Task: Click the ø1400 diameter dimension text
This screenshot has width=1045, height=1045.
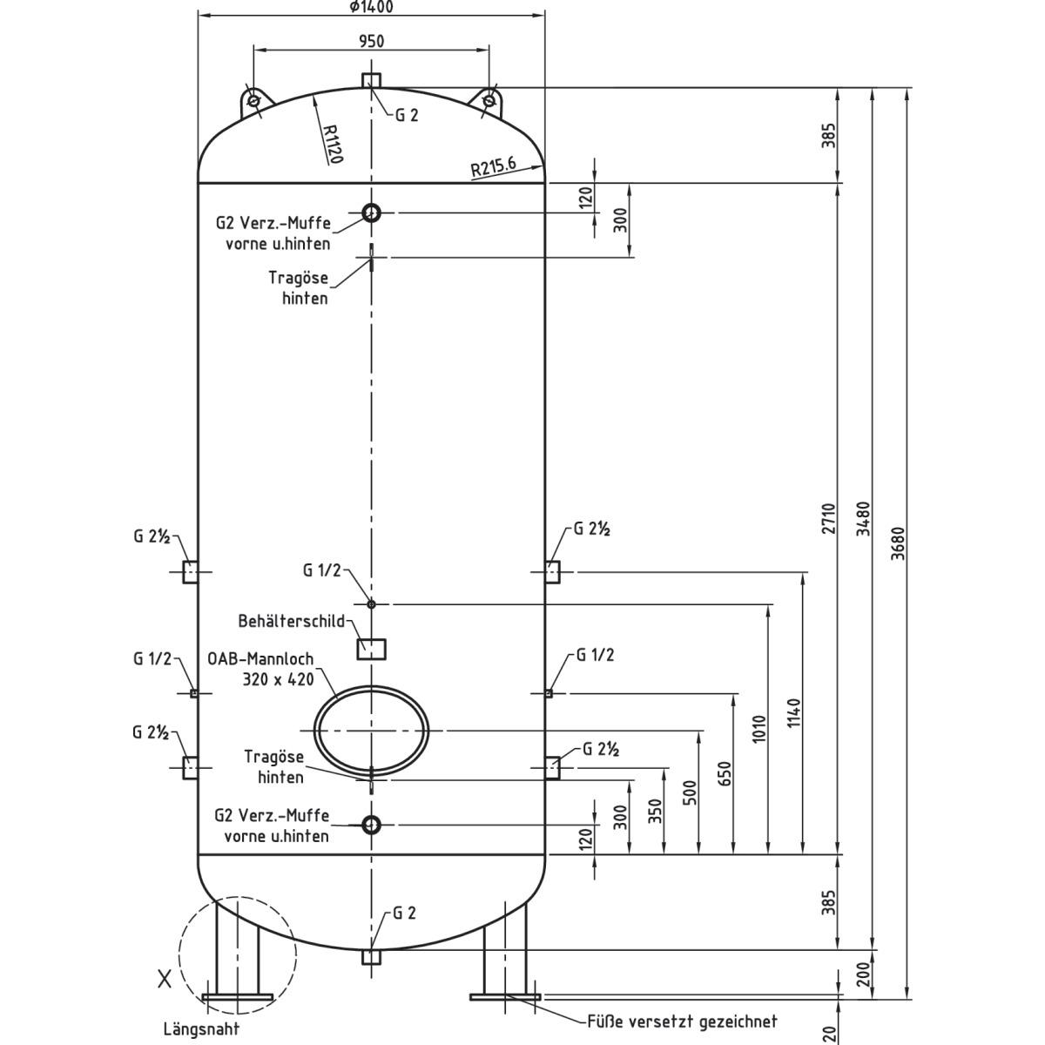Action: pos(371,7)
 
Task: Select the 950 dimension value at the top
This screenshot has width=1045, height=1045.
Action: pos(371,41)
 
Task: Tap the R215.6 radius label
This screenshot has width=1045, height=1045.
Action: pos(493,167)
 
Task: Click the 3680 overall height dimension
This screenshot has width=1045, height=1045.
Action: pos(900,543)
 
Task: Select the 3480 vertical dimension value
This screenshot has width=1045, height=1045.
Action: pos(863,519)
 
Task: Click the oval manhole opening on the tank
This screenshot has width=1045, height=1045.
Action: pos(371,730)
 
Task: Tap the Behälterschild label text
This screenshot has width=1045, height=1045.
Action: pos(292,622)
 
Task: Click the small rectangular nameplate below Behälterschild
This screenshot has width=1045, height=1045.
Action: pos(372,649)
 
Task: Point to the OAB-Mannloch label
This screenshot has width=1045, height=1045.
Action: pos(260,669)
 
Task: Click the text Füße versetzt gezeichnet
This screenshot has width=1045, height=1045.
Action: pos(682,1021)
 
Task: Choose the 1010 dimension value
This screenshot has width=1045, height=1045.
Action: pos(759,729)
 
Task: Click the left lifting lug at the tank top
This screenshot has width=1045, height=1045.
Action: pos(253,100)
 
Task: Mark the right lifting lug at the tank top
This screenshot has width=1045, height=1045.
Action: pos(489,100)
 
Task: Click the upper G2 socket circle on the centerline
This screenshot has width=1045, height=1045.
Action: pos(372,212)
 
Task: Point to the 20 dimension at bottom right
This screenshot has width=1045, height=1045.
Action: pos(830,1033)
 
